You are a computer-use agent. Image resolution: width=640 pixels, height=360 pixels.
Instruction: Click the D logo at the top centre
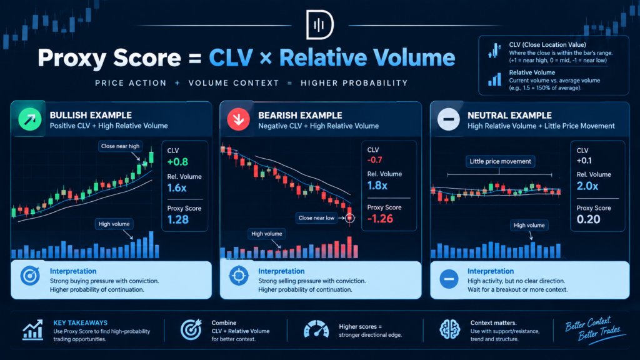click(320, 24)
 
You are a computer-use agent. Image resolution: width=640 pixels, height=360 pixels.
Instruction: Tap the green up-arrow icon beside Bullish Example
click(30, 119)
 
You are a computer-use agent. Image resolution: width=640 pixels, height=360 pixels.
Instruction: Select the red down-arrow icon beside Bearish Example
click(238, 119)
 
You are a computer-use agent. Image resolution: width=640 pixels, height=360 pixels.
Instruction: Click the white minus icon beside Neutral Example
click(449, 119)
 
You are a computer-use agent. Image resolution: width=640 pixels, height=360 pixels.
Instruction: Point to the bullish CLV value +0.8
click(177, 162)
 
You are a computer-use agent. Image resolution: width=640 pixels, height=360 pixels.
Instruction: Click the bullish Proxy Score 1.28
click(178, 219)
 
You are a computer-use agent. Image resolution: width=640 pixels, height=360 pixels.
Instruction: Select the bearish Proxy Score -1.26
click(380, 219)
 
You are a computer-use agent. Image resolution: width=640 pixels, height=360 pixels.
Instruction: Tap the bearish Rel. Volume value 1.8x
click(377, 186)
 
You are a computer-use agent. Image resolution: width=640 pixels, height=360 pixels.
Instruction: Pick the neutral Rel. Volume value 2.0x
click(587, 186)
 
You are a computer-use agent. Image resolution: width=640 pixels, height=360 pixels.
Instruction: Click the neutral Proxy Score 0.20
click(588, 219)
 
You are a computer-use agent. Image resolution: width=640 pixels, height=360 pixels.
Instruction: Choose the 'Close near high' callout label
click(120, 146)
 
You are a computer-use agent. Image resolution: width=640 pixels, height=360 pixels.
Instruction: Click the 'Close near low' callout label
click(316, 218)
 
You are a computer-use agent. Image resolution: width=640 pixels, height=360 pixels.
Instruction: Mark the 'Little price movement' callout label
click(500, 161)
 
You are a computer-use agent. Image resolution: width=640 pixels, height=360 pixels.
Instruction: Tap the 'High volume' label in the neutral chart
click(529, 225)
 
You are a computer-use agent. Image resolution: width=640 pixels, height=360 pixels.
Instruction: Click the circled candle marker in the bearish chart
click(350, 218)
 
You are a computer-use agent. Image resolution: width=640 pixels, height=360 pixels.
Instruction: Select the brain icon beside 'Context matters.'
click(450, 329)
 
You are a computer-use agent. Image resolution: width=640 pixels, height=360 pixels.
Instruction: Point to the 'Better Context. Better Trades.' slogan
click(594, 329)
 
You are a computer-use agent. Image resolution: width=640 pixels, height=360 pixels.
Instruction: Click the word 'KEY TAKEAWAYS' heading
click(81, 323)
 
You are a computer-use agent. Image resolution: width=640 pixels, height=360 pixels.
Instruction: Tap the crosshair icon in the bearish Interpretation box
click(239, 276)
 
